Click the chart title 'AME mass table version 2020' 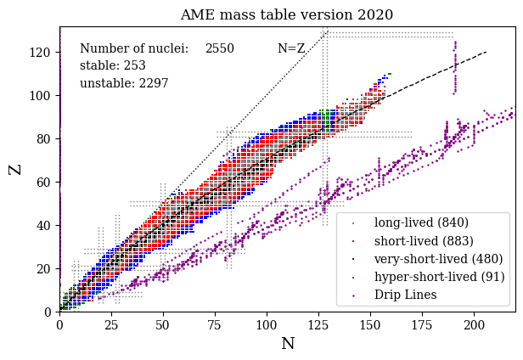[286, 14]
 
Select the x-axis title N [288, 343]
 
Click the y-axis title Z [15, 169]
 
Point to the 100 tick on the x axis [267, 312]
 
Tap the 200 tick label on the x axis [474, 323]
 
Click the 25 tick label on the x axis [111, 323]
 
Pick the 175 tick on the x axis [422, 312]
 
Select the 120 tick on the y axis [59, 52]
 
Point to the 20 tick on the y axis [59, 268]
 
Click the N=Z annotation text [291, 49]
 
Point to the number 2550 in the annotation [220, 49]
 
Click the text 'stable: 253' [113, 65]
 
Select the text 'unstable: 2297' [124, 83]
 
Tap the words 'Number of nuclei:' [134, 49]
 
